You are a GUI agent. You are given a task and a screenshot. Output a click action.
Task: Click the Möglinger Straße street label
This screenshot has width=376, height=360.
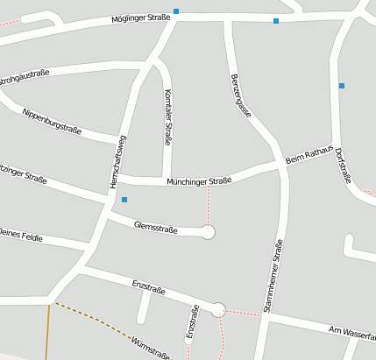[x=140, y=18]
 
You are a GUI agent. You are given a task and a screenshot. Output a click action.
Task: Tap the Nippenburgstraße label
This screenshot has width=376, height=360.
[x=52, y=123]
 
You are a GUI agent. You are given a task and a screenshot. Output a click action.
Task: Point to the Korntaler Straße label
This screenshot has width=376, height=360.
[x=168, y=116]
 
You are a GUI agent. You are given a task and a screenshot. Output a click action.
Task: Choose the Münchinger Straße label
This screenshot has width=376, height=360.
[x=199, y=181]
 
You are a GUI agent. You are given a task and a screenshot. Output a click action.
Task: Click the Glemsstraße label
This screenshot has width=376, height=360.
[x=156, y=229]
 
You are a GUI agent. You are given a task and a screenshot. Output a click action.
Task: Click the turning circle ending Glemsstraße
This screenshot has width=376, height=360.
[x=208, y=232]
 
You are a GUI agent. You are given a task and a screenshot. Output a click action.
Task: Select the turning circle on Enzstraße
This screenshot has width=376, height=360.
[x=218, y=308]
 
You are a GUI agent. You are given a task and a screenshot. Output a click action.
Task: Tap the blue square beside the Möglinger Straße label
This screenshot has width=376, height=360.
[x=176, y=11]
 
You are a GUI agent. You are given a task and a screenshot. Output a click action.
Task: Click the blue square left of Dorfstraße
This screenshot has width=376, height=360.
[x=342, y=86]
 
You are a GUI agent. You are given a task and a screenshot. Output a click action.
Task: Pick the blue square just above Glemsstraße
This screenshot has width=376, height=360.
[x=124, y=200]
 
